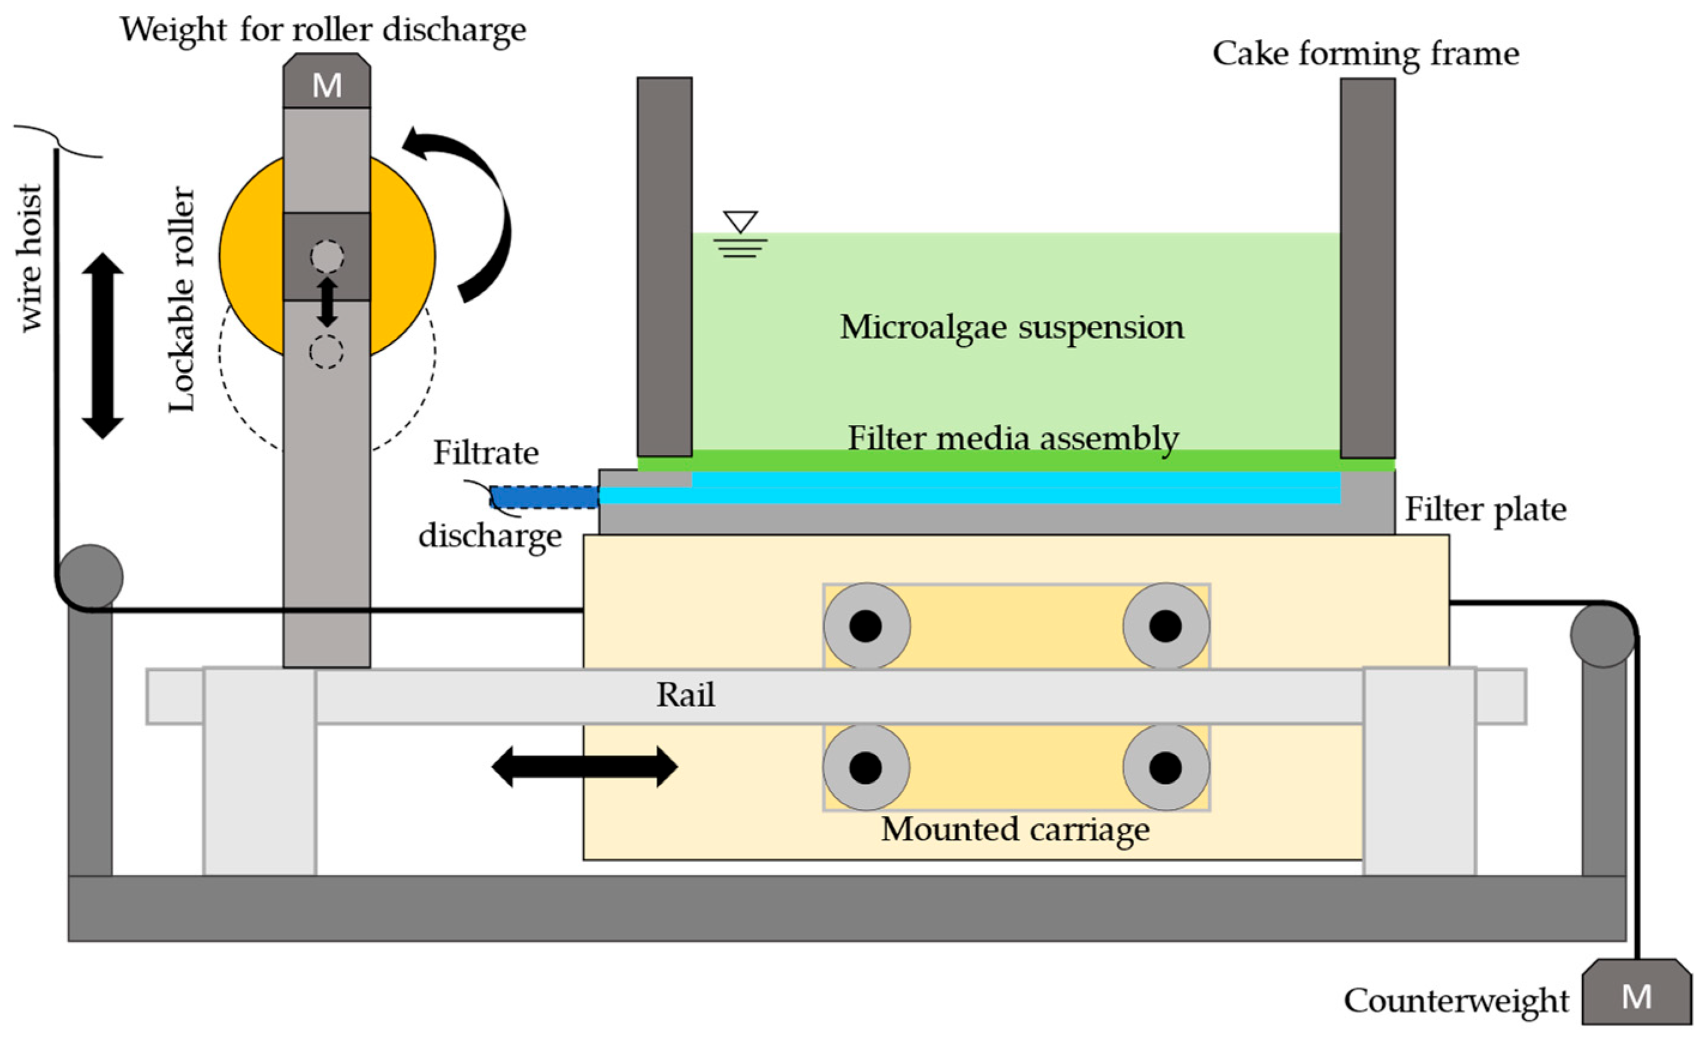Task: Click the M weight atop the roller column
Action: tap(326, 84)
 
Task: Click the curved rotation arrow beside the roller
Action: tap(475, 208)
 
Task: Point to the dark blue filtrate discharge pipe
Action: tap(544, 497)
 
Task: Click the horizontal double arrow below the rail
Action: tap(585, 766)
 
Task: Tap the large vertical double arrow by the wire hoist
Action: tap(102, 345)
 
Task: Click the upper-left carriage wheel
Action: tap(867, 626)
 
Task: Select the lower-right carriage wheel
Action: tap(1166, 768)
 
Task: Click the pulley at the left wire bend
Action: tap(91, 577)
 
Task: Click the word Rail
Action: tap(685, 695)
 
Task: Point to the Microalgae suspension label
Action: tap(1012, 327)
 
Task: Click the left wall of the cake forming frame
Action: tap(664, 267)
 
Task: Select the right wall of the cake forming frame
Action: tap(1367, 267)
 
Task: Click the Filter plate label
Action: tap(1485, 510)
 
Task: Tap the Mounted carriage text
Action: tap(1015, 829)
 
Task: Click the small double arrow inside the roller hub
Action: tap(327, 302)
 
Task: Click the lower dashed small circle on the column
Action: tap(326, 351)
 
